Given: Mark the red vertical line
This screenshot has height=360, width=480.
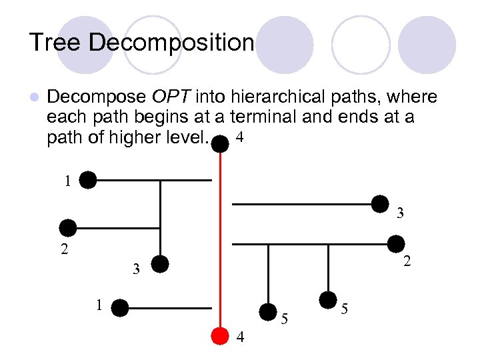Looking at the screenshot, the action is click(220, 247).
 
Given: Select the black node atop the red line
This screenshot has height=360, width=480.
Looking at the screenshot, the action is click(220, 143).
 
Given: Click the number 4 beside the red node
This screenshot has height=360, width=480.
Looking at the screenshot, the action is click(241, 338).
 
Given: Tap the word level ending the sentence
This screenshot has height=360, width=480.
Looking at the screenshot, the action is click(189, 139).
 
